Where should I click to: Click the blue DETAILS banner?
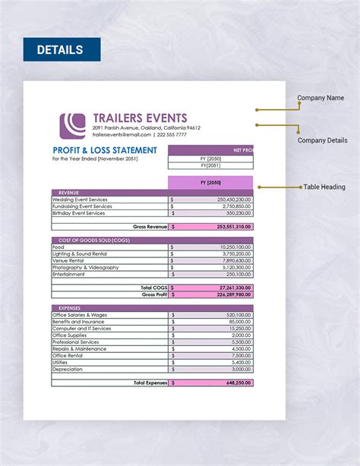tap(62, 50)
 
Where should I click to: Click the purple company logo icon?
tap(72, 125)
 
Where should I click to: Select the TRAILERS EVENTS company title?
tap(140, 118)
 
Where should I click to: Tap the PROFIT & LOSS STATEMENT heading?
tap(105, 150)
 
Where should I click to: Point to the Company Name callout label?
tap(321, 97)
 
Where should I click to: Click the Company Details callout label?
tap(322, 140)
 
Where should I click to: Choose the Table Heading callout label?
tap(324, 187)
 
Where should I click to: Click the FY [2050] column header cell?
tap(210, 182)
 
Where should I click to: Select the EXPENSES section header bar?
tap(152, 308)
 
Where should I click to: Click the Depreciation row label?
tap(68, 369)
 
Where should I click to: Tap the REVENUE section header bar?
tap(152, 193)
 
